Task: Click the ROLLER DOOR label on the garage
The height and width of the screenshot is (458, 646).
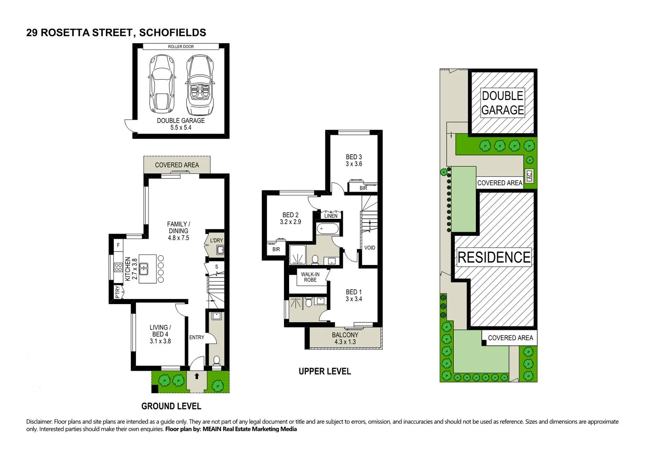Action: [x=181, y=47]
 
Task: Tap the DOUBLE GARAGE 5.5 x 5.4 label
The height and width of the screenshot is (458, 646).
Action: [x=181, y=124]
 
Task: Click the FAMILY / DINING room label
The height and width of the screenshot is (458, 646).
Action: [x=178, y=231]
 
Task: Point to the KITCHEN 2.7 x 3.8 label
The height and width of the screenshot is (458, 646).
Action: [x=131, y=269]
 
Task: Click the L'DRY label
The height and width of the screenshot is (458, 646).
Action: [x=216, y=240]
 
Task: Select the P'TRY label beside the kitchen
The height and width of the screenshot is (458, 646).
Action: [x=118, y=292]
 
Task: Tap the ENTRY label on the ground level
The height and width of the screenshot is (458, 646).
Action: [x=196, y=338]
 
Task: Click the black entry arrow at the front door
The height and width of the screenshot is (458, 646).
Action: [x=197, y=376]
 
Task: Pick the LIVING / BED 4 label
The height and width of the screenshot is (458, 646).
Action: [x=160, y=334]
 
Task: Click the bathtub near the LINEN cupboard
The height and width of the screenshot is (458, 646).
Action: [x=328, y=229]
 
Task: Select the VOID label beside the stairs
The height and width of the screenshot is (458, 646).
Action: [x=370, y=248]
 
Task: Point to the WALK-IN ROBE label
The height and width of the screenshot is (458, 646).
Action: [x=310, y=277]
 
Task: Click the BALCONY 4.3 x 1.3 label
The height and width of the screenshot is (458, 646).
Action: [x=345, y=338]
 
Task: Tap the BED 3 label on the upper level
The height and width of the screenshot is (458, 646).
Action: [x=353, y=160]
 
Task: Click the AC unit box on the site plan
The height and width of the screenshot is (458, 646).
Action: [x=529, y=176]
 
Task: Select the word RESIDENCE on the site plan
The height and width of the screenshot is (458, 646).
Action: [x=494, y=257]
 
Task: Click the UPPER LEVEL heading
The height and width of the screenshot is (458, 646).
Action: [x=325, y=371]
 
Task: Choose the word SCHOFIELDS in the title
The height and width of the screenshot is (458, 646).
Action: [x=172, y=33]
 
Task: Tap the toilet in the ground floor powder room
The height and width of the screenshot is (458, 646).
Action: [x=216, y=361]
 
